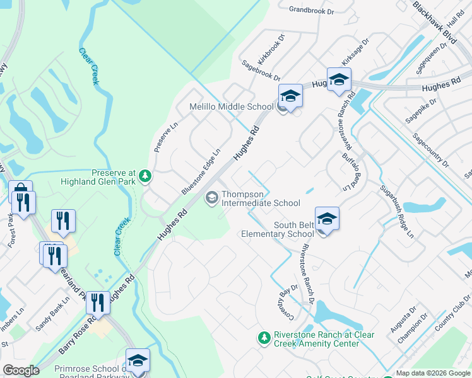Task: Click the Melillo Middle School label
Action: [232, 106]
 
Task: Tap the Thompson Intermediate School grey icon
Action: [212, 198]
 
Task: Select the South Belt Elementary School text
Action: [278, 229]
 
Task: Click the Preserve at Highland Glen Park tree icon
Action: [146, 176]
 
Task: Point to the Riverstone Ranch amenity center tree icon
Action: [264, 339]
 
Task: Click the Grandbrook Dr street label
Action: [314, 9]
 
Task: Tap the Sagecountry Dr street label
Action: [430, 150]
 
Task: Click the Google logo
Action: [21, 370]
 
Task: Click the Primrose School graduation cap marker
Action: [138, 361]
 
